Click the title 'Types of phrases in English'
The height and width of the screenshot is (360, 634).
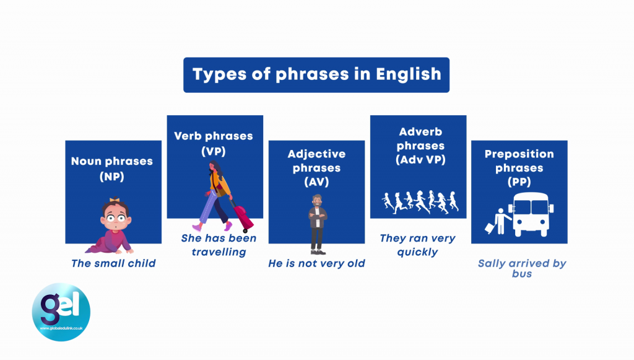click(316, 74)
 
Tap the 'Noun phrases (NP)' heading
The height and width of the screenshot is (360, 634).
click(112, 169)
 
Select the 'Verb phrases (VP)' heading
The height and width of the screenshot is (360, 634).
click(214, 143)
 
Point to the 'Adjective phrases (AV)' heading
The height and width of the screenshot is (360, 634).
click(316, 167)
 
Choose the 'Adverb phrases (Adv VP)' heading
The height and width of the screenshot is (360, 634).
click(420, 146)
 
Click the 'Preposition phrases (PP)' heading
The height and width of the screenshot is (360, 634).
click(519, 167)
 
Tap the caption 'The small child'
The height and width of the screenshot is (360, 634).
click(113, 263)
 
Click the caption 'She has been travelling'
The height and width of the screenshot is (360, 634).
click(219, 245)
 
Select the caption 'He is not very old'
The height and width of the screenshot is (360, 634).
click(316, 263)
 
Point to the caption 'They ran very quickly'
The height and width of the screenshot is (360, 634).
click(418, 245)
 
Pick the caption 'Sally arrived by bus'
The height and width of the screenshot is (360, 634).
click(522, 268)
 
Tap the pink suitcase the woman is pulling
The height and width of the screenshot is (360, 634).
click(243, 217)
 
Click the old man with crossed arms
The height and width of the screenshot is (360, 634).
click(318, 224)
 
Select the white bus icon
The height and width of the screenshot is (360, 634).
click(531, 214)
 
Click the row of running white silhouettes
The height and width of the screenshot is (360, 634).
click(420, 201)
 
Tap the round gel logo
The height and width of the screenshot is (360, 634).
click(61, 312)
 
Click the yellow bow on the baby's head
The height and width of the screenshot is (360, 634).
click(115, 200)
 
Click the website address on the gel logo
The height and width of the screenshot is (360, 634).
click(61, 328)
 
